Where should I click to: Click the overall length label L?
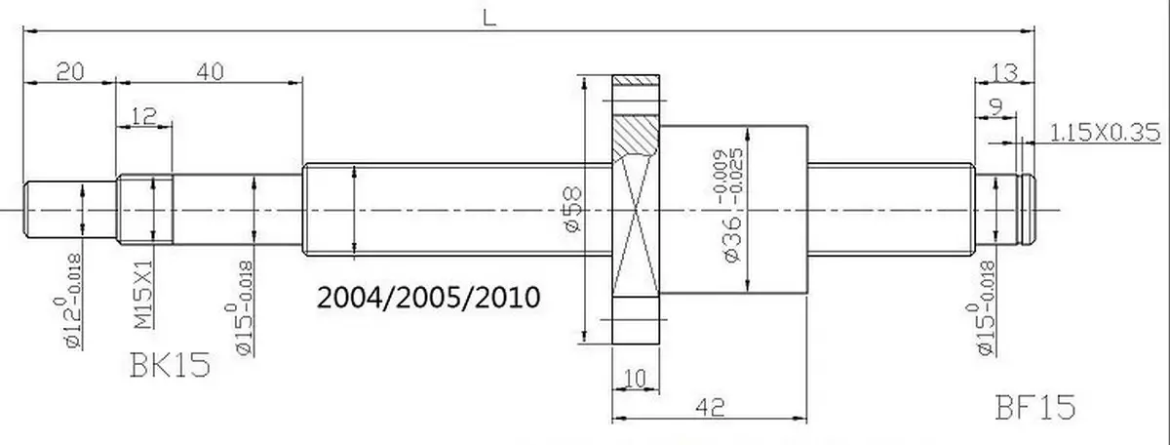tap(488, 19)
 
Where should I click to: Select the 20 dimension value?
tap(70, 71)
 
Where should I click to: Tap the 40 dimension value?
tap(211, 71)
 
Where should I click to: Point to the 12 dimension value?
tap(143, 116)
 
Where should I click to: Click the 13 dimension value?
tap(1004, 72)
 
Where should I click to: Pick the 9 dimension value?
tap(996, 107)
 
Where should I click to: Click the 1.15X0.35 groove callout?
tap(1105, 133)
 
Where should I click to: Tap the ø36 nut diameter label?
tap(733, 238)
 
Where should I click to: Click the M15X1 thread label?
tap(143, 295)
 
